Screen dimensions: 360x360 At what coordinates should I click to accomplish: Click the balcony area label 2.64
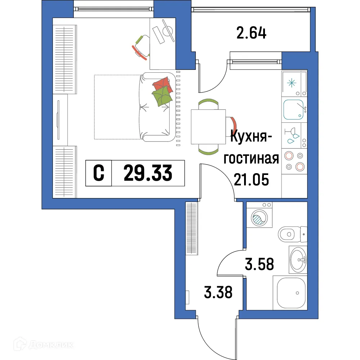coord(252,33)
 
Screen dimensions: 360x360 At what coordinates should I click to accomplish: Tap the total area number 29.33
coord(148,174)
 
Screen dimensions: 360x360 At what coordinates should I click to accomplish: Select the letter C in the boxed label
coord(99,174)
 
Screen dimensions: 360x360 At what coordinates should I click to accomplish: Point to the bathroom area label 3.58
coord(259,264)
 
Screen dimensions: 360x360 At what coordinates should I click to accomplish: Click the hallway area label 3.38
coord(218,292)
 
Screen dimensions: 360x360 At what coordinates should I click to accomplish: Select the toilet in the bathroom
coord(290,234)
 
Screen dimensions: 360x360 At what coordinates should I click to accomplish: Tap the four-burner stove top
coord(294,161)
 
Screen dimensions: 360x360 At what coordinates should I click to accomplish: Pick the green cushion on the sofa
coord(162,95)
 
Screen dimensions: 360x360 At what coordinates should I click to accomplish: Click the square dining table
coord(208,127)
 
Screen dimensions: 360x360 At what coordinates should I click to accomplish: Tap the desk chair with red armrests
coord(141,46)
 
